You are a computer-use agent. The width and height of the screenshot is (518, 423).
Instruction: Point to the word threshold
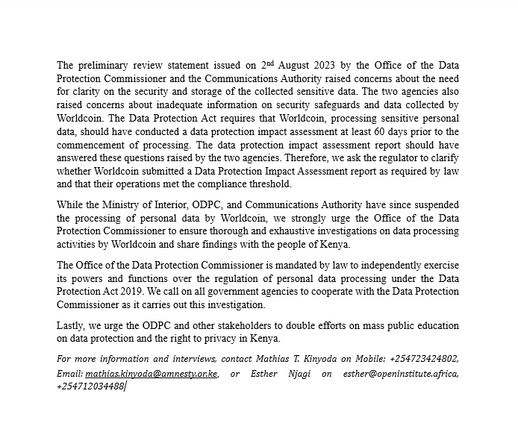click(x=269, y=185)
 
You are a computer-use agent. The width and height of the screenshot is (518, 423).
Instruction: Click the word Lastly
click(x=72, y=325)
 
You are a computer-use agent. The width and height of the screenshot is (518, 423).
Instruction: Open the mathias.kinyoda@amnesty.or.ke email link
click(x=152, y=373)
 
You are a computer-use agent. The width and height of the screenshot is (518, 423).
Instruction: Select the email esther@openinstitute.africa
click(x=401, y=373)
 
